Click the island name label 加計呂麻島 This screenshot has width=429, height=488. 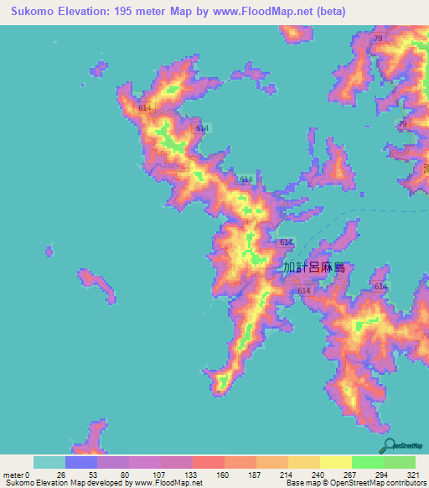click(314, 268)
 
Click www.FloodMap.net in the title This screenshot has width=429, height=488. click(251, 13)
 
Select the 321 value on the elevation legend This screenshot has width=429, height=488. click(413, 474)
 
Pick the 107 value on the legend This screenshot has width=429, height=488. click(156, 474)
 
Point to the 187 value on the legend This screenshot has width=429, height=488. click(252, 474)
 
